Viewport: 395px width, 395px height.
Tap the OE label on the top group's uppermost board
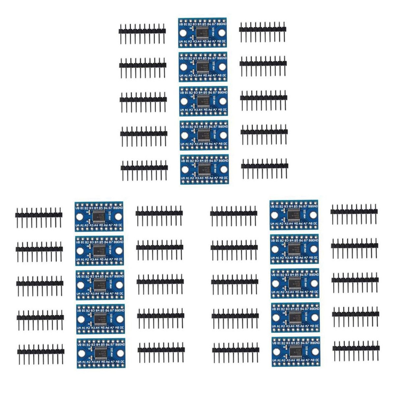pos(224,40)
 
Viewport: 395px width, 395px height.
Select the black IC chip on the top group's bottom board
pos(204,169)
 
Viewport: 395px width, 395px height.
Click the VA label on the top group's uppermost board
pos(182,40)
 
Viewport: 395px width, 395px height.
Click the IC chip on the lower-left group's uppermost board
pos(100,216)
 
